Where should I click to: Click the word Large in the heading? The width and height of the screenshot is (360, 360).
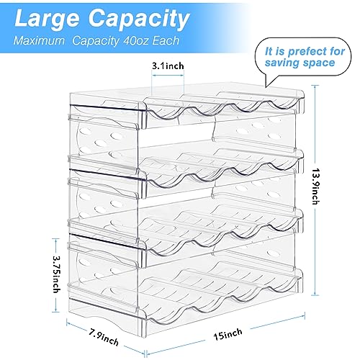(x=47, y=19)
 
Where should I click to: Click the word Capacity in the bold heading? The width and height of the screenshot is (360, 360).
(x=139, y=20)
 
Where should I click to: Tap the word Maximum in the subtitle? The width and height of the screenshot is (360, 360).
(x=39, y=40)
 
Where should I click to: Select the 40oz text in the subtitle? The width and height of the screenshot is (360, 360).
(x=136, y=40)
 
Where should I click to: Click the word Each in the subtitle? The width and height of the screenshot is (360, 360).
(x=166, y=40)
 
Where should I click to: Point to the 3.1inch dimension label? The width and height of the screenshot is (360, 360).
(x=168, y=66)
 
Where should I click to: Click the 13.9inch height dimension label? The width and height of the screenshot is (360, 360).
(x=316, y=186)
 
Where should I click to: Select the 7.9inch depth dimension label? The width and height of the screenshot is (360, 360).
(x=104, y=337)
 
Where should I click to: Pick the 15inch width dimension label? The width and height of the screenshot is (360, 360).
(x=228, y=334)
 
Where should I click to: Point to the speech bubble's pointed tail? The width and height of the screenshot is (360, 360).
(x=266, y=86)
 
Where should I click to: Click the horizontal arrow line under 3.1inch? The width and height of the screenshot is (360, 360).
(x=168, y=75)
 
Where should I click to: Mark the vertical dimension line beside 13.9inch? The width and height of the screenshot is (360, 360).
(x=315, y=190)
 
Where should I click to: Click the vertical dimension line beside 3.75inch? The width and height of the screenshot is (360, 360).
(x=55, y=275)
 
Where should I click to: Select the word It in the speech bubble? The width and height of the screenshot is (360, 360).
(x=269, y=51)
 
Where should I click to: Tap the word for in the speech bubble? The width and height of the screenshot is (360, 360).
(x=336, y=51)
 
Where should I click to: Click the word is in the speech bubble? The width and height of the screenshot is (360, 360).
(x=280, y=51)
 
